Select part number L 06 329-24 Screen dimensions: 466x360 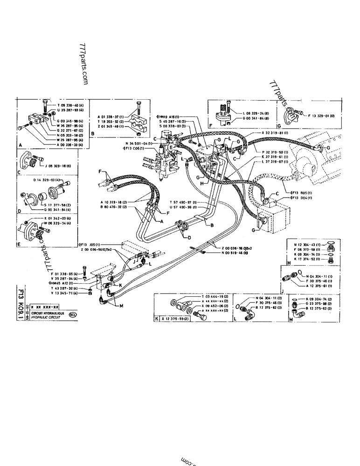[x=254, y=113]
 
